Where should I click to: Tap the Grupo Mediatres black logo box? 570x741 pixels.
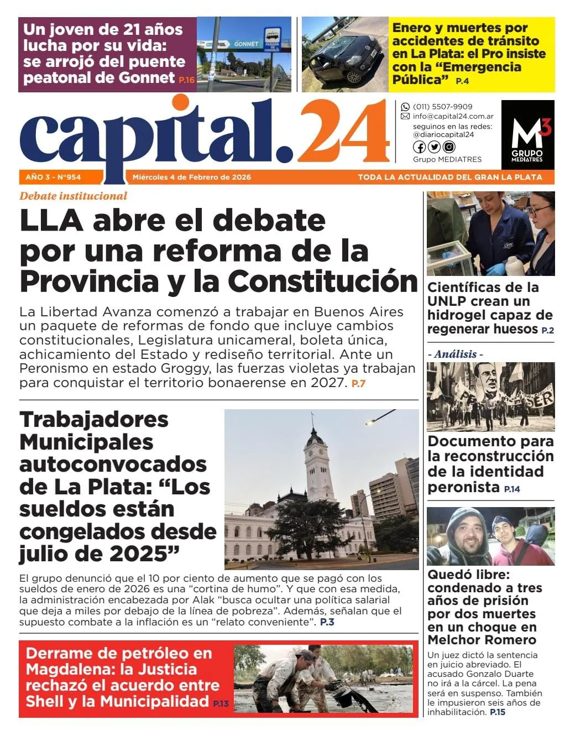tap(527, 134)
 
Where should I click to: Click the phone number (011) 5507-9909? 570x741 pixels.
tap(442, 107)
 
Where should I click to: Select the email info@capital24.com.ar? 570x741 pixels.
tap(453, 116)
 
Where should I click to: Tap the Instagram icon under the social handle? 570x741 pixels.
tap(449, 147)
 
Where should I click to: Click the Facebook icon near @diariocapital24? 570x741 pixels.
tap(420, 147)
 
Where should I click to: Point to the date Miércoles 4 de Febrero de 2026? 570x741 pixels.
tap(191, 178)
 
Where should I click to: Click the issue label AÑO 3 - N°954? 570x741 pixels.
tap(53, 178)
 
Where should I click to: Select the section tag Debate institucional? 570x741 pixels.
tap(73, 196)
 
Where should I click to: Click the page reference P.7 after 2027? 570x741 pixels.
tap(358, 383)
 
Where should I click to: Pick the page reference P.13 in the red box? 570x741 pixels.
tap(221, 703)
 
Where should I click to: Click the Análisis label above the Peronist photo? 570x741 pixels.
tap(455, 354)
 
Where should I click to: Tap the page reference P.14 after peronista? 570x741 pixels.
tap(512, 489)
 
